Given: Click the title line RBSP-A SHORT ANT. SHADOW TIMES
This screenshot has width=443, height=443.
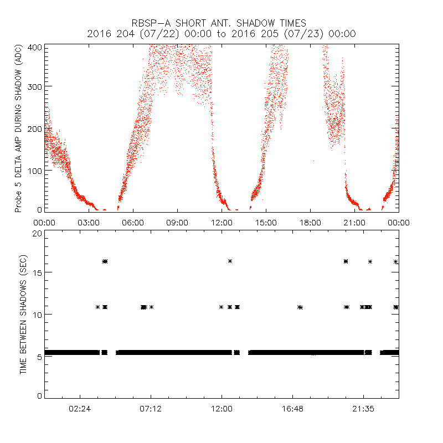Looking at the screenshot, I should point(221,23).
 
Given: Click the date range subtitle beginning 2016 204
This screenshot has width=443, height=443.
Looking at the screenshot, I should point(221,34).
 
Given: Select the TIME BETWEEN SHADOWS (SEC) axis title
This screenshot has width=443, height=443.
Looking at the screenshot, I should point(23,315).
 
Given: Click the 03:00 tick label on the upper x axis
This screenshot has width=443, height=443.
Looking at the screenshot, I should point(89,222).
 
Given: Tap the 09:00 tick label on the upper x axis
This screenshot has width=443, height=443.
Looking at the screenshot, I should point(177,222).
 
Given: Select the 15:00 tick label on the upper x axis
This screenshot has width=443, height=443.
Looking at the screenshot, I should point(266,222).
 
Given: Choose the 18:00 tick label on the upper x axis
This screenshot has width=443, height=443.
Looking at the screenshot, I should point(310,222).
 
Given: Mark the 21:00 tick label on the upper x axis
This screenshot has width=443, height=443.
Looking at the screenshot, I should point(354,222).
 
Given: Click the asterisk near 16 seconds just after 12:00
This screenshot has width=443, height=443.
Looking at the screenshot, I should point(230,261).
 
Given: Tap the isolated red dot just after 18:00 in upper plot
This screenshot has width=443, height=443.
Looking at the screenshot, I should point(313,161).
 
